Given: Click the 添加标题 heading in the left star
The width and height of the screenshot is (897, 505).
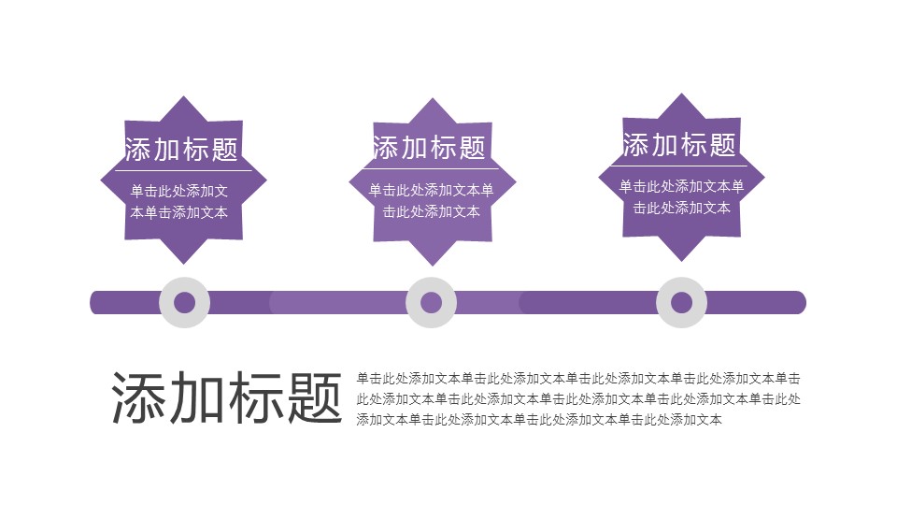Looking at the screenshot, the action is pos(181,150).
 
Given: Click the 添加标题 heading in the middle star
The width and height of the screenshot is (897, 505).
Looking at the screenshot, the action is pos(429,148).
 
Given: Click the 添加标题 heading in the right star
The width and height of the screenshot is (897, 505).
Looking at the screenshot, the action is pos(679,145).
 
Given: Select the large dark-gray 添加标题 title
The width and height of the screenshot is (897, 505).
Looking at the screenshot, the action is pos(226,398).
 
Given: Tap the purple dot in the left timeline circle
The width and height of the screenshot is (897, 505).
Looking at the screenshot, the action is pos(184,302).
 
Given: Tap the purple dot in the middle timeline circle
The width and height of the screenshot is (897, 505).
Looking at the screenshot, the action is pos(432,302).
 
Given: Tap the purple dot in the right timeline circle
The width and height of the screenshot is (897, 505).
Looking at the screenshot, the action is pos(681,302).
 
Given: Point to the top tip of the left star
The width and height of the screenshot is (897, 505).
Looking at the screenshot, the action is pos(184,96).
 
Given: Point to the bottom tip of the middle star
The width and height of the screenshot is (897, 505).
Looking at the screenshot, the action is pos(433,266).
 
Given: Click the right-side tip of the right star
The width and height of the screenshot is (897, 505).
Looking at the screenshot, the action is pos(765,178).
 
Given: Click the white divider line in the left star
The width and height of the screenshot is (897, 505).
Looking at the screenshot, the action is pos(184,170).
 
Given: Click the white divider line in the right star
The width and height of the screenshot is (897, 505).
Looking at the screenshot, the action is pos(679,166).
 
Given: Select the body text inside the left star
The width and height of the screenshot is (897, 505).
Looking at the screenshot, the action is pos(179,202).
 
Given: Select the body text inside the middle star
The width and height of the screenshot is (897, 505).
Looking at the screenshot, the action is pos(432,200).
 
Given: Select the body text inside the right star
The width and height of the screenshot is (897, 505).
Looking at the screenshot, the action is pos(681,197).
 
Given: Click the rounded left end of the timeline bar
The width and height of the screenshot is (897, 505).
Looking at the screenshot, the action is pos(96,302).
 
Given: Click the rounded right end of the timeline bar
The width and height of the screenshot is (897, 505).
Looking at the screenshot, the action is pos(800,302).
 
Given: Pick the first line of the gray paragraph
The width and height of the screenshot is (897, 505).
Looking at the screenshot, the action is pos(578,378).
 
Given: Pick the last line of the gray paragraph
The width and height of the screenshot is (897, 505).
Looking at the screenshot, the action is pos(539,420).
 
